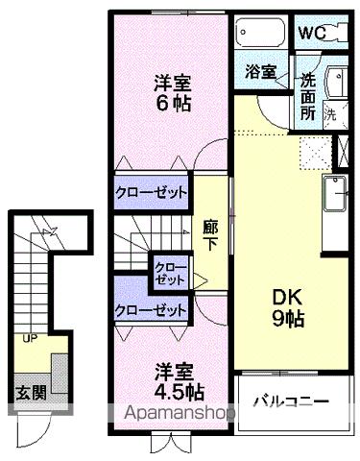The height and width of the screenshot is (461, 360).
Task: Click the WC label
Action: click(x=311, y=32)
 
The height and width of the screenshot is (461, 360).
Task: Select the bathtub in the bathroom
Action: click(x=258, y=35)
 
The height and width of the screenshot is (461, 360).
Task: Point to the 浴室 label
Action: click(x=259, y=71)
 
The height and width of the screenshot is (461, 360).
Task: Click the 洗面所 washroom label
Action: click(x=308, y=94)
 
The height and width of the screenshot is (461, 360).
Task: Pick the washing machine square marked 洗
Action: click(x=331, y=112)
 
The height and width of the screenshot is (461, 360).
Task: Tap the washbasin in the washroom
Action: click(x=335, y=83)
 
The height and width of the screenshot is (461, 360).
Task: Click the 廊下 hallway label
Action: click(x=210, y=236)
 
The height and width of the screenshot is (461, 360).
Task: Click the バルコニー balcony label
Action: click(x=292, y=401)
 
